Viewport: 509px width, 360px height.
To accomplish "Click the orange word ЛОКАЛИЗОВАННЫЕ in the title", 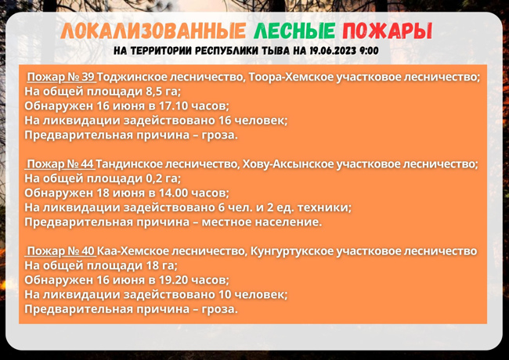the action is (x=153, y=31).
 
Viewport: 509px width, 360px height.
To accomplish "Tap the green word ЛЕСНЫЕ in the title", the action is (x=294, y=31).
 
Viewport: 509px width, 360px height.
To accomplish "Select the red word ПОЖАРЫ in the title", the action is (x=388, y=31).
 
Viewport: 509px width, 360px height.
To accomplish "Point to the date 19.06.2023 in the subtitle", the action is (x=333, y=51).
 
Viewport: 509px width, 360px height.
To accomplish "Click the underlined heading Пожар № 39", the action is (x=61, y=77).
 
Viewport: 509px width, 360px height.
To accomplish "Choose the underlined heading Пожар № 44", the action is (x=60, y=164).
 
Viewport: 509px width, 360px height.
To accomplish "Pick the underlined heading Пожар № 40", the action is (x=61, y=251).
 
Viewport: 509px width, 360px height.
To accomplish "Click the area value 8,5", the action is (x=153, y=92).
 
